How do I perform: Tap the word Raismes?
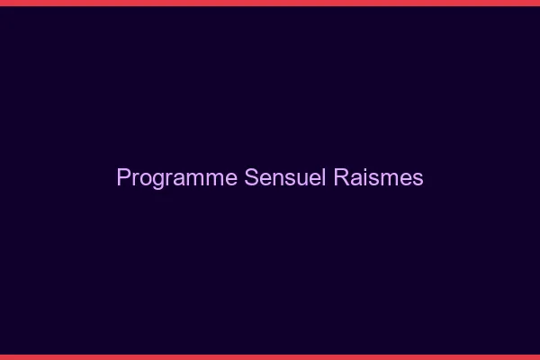(x=378, y=178)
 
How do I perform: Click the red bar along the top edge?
(x=270, y=3)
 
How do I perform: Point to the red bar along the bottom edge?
(x=270, y=357)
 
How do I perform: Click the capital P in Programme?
(x=123, y=178)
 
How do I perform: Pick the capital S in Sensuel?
(x=251, y=178)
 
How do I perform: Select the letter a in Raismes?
(x=355, y=179)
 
